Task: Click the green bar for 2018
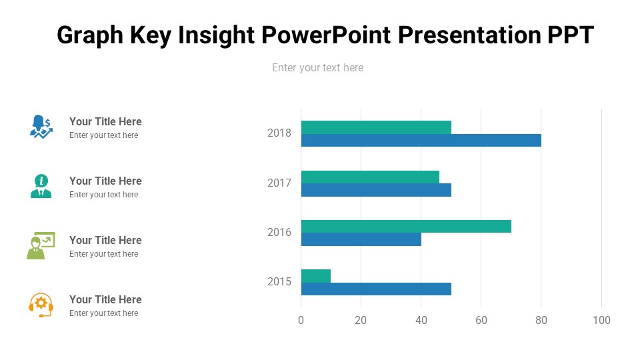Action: coord(376,127)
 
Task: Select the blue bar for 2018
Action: coord(421,140)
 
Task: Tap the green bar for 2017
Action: coord(370,177)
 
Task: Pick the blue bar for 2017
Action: coord(376,190)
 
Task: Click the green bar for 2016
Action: coord(406,226)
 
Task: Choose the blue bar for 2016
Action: coord(361,239)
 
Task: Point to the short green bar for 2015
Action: coord(316,276)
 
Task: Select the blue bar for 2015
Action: coord(376,289)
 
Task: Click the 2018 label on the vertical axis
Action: coord(279,133)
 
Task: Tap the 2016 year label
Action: coord(279,233)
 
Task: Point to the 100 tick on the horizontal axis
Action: coord(601,321)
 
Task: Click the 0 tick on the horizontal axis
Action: coord(301,321)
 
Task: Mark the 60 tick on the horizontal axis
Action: coord(481,321)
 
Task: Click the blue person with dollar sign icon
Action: coord(41,126)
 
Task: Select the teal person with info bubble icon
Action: coord(41,186)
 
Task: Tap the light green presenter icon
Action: coord(41,245)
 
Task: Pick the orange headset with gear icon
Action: coord(41,305)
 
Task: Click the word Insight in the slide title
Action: coord(218,35)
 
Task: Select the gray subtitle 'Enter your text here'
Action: coord(317,67)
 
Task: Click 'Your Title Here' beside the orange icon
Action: coord(105,299)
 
